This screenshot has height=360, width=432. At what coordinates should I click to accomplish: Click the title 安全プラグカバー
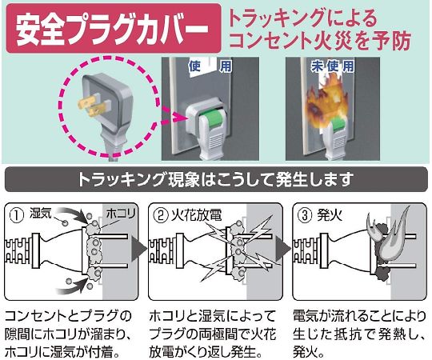coord(112,29)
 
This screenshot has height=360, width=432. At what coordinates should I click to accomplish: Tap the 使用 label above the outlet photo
coord(210,66)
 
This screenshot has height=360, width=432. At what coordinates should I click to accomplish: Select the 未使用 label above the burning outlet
coord(333,66)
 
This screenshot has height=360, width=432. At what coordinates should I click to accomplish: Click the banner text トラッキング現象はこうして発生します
coord(216,179)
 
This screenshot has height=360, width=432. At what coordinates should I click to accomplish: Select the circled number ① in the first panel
coord(17,215)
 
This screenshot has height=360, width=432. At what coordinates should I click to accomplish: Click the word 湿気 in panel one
coord(41,213)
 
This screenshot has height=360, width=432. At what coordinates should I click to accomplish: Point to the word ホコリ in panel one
coord(121,214)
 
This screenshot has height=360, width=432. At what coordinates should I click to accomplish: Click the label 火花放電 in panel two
coord(196,215)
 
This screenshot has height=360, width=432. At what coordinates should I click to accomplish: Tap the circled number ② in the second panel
coord(160,216)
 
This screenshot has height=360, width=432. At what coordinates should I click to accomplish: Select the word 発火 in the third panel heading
coord(330,215)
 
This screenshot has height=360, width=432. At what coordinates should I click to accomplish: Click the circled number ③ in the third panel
coord(305,215)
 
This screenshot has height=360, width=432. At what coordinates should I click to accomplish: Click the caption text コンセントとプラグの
coord(68,316)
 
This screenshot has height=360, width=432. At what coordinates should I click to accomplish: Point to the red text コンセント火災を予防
coord(320,41)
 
